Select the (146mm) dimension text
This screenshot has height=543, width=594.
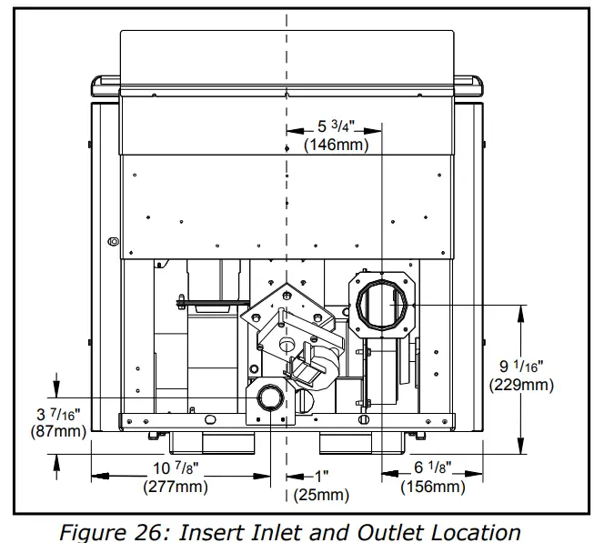(337, 146)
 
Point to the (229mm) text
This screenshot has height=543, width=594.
(521, 385)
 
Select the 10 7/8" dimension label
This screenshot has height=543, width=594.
(175, 469)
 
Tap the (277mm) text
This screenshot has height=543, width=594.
(175, 487)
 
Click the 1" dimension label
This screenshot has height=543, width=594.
(320, 477)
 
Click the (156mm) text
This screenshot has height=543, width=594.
(433, 487)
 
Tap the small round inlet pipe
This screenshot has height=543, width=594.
(269, 398)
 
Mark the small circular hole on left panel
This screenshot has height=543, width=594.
(113, 241)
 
